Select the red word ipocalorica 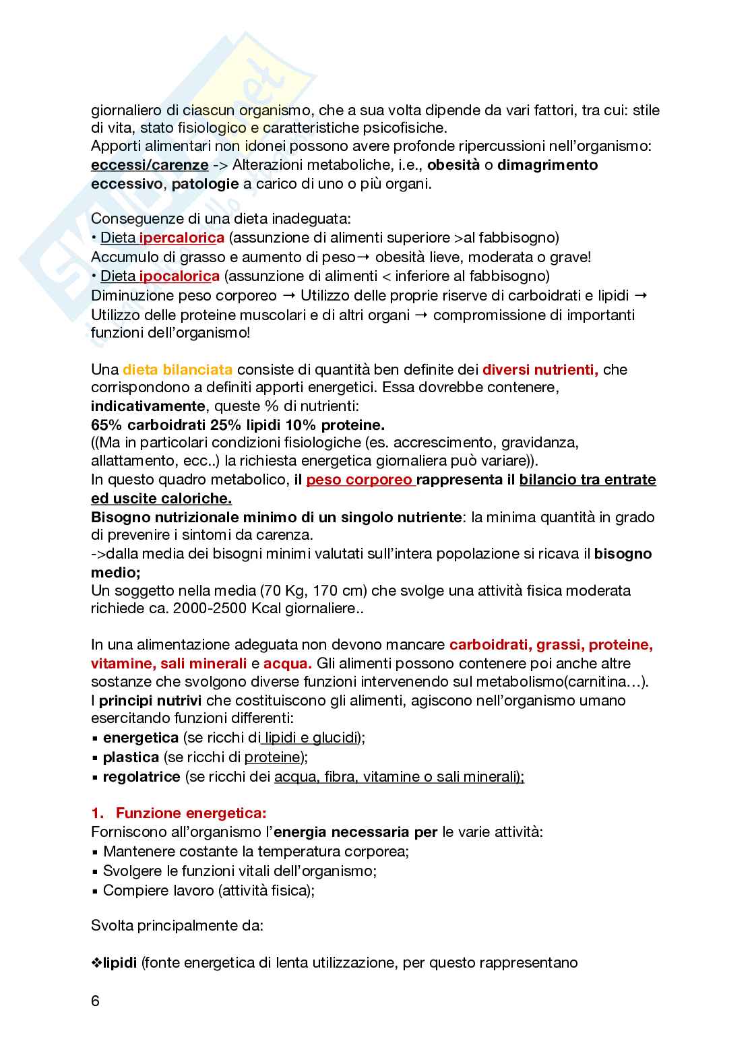point(179,276)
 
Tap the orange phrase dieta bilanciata point(178,369)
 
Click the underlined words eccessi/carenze point(150,165)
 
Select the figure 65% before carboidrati point(106,425)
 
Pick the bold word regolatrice point(142,777)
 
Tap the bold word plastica point(131,757)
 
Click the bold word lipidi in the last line point(120,962)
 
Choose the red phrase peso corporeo point(359,480)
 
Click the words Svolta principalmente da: point(177,925)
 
